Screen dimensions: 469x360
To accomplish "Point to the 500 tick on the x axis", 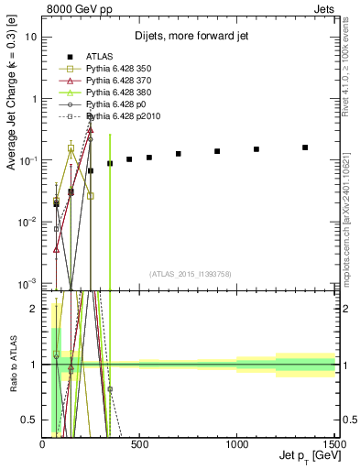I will pyautogui.click(x=140, y=443).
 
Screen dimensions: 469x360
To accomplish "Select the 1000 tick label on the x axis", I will pyautogui.click(x=237, y=443).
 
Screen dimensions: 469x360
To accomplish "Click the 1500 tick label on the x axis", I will pyautogui.click(x=333, y=443).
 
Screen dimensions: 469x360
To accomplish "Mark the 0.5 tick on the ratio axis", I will pyautogui.click(x=31, y=420).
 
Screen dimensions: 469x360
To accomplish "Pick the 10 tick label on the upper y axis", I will pyautogui.click(x=31, y=38).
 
